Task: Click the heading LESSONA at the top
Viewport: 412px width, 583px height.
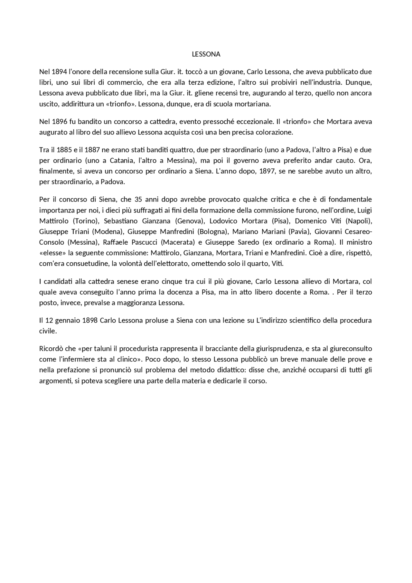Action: [x=206, y=54]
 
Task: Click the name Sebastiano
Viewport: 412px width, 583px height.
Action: [x=118, y=221]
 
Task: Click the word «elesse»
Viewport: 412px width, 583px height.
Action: [x=51, y=253]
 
